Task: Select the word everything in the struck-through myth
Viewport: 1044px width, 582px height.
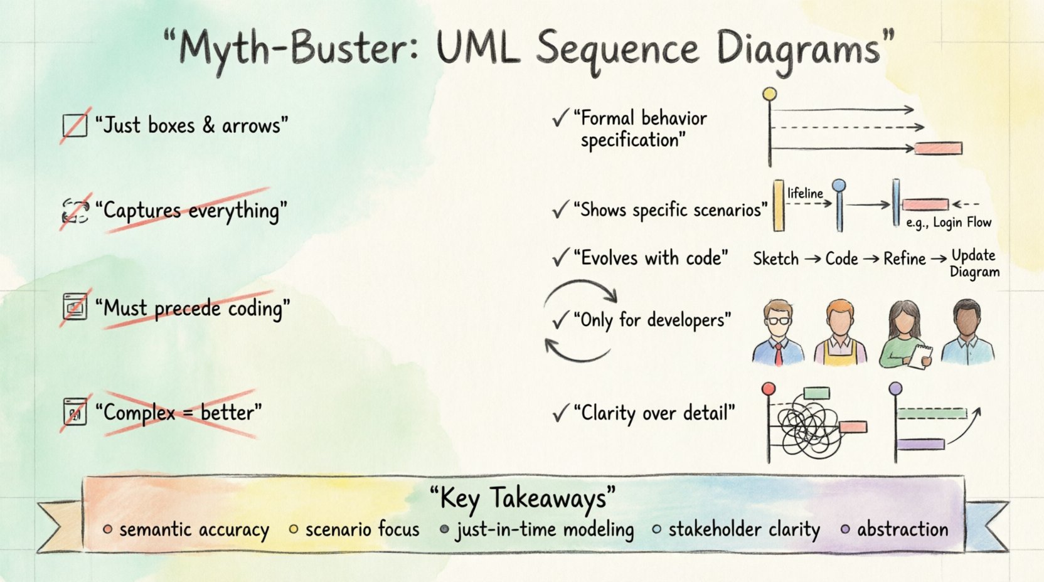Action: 233,211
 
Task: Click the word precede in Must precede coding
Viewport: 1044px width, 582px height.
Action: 187,309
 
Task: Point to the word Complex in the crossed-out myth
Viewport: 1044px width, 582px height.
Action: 139,413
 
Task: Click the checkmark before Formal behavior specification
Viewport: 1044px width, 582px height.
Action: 560,118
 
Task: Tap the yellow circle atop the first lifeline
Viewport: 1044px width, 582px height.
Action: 769,95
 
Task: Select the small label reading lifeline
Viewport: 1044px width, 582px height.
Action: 805,193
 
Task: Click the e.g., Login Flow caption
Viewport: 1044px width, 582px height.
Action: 949,223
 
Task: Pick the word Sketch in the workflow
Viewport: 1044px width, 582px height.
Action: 775,259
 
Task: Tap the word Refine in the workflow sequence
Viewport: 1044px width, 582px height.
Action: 904,259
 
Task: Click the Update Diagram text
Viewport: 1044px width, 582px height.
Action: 974,263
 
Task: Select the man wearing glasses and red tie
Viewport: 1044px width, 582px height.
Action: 779,332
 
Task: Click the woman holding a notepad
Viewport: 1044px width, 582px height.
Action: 905,334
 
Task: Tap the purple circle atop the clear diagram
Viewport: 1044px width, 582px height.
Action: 896,389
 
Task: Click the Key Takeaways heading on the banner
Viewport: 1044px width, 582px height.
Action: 522,498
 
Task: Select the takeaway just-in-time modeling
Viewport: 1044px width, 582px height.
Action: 545,530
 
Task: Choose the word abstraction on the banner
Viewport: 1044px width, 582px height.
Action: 902,530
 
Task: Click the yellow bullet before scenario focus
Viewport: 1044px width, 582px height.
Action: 293,529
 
